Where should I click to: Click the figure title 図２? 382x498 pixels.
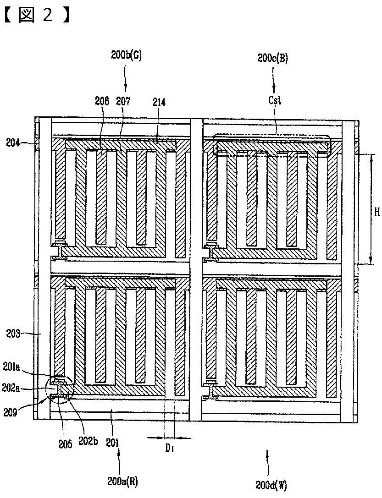[35, 15]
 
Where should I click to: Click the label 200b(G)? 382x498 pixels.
[127, 55]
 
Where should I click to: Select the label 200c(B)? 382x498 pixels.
[272, 58]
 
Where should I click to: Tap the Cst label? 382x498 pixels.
[275, 100]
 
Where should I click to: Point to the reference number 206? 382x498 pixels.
[102, 101]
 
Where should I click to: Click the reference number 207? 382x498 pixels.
[123, 101]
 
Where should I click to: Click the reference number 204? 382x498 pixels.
[13, 143]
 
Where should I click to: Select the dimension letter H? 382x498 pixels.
[376, 212]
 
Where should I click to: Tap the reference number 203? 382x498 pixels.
[13, 334]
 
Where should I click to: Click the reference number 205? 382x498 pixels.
[66, 443]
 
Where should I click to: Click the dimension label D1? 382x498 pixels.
[169, 449]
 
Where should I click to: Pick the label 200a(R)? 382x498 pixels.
[122, 481]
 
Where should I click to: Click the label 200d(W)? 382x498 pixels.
[272, 484]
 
